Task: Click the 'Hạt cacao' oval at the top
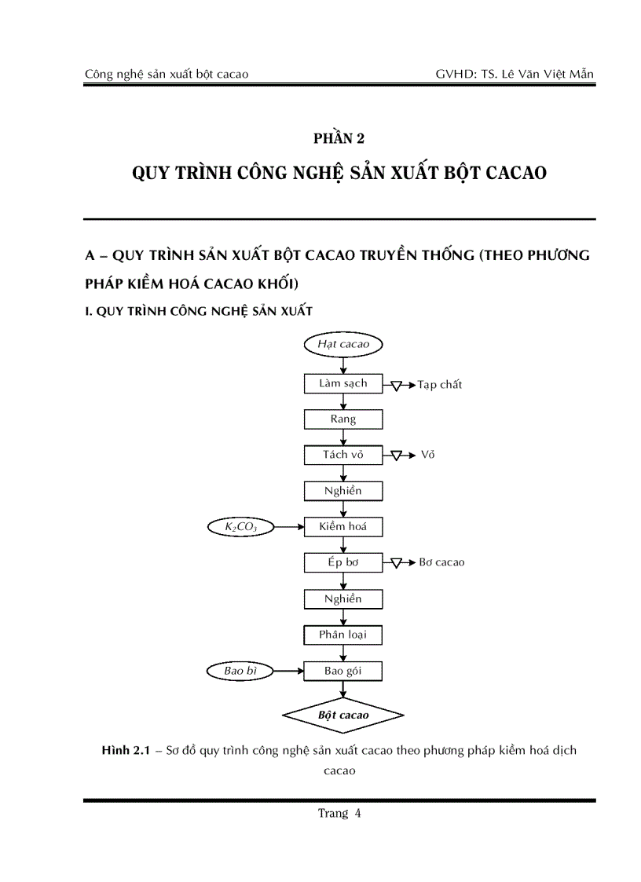[x=342, y=344]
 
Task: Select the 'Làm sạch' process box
[x=342, y=383]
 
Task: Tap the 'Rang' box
[x=342, y=419]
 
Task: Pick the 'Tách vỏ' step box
[x=342, y=455]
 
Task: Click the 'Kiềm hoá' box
[x=342, y=527]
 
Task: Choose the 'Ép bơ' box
[x=342, y=562]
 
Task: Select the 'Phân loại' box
[x=342, y=635]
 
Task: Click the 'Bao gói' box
[x=342, y=671]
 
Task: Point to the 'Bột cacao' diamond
[x=342, y=715]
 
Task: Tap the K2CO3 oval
[x=241, y=527]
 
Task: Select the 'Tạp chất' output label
[x=440, y=385]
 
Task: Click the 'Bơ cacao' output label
[x=441, y=562]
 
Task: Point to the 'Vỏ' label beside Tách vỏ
[x=427, y=455]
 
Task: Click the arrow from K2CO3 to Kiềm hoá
[x=289, y=527]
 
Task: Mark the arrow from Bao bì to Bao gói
[x=289, y=671]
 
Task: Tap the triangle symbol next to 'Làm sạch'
[x=397, y=386]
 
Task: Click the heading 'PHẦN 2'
[x=339, y=139]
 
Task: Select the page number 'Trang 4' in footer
[x=339, y=814]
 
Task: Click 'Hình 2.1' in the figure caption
[x=126, y=751]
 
